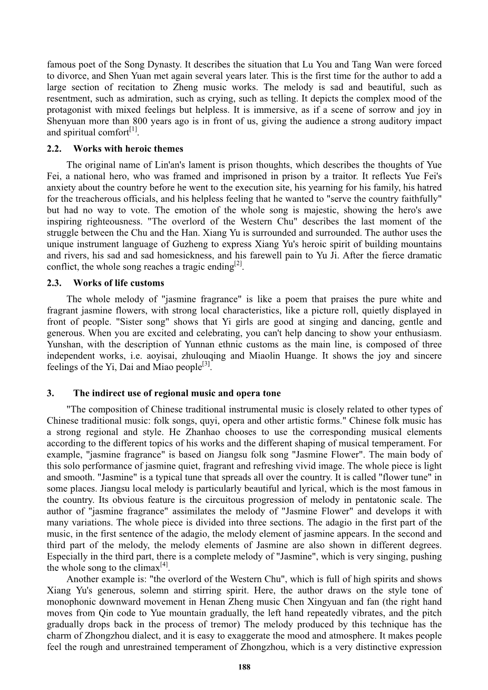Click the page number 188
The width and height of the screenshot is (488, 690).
coord(244,667)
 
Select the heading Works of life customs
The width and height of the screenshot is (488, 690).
coord(119,283)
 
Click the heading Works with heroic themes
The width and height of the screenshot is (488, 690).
coord(128,149)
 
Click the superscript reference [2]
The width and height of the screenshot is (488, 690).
coord(238,265)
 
